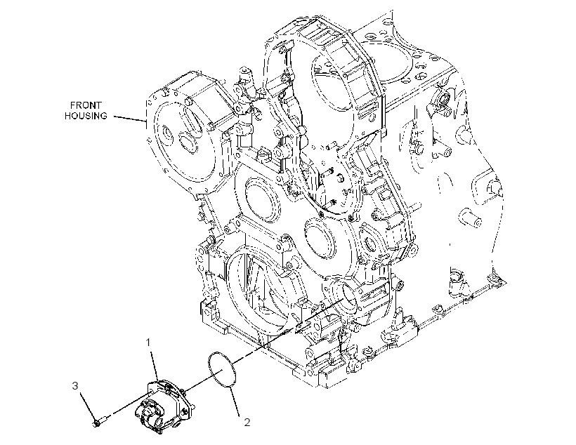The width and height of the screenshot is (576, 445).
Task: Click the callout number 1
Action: pyautogui.click(x=148, y=343)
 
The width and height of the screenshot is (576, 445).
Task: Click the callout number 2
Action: pyautogui.click(x=247, y=423)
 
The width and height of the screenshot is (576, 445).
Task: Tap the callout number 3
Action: pyautogui.click(x=75, y=386)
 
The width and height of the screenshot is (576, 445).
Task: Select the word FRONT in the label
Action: pyautogui.click(x=86, y=105)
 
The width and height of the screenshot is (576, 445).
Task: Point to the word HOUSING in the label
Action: pyautogui.click(x=86, y=116)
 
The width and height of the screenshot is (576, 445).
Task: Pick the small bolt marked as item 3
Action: pyautogui.click(x=100, y=422)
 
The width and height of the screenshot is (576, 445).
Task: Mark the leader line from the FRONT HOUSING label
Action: pyautogui.click(x=130, y=118)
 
